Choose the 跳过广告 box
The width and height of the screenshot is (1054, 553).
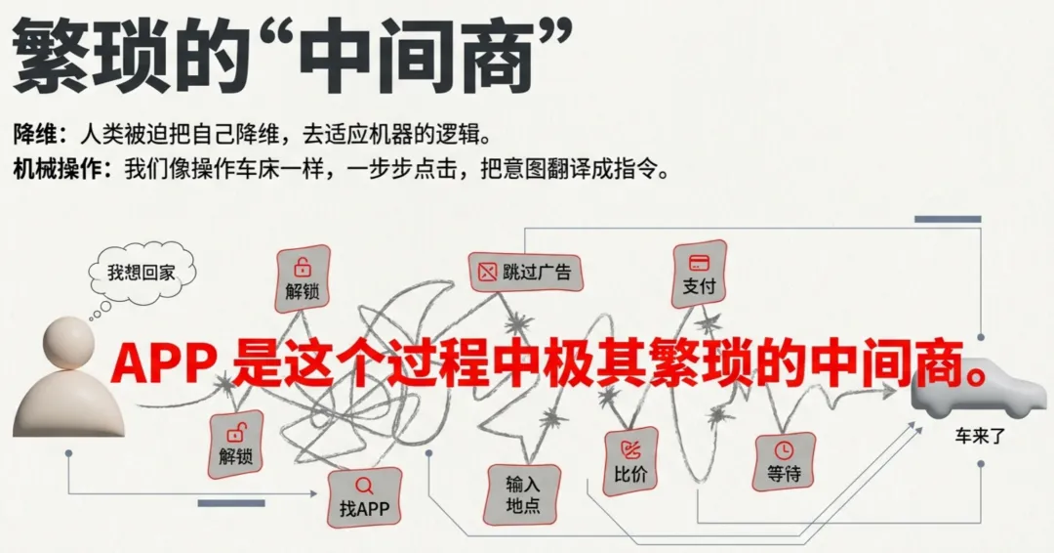pos(526,272)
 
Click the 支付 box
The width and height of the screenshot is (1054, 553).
pos(700,275)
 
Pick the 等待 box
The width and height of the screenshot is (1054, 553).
pos(785,461)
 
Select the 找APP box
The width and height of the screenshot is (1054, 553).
pos(364,497)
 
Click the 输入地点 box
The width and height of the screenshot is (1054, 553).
pos(523,494)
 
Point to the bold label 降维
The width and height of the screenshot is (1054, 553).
pos(36,131)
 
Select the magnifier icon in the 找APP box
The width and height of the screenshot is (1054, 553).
pos(364,485)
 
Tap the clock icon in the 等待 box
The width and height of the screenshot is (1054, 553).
pos(784,449)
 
